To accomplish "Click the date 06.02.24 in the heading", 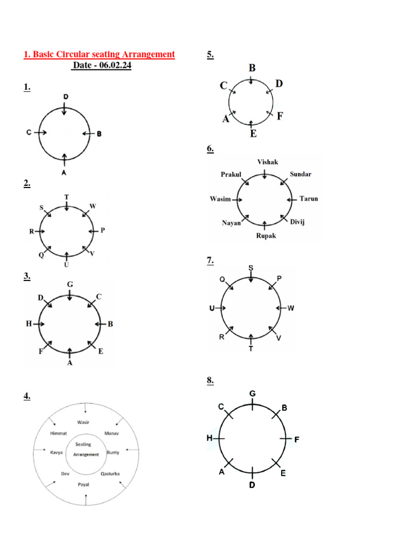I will coord(112,65).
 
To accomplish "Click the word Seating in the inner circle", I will coord(83,444).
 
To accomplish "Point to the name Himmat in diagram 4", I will coord(59,434).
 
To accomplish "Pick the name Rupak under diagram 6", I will coord(265,236).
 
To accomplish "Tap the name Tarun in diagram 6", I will coord(308,199).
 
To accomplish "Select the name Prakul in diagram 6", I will coord(231,174).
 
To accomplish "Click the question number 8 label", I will coord(210,381).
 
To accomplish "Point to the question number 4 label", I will coord(27,397).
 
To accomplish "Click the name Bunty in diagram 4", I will coord(113,452).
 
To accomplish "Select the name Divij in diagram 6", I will coord(297,222).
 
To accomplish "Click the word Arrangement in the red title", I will coord(147,54).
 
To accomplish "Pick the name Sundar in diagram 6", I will coord(300,174).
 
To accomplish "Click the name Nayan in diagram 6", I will coord(231,223).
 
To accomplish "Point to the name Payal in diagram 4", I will coord(84,484).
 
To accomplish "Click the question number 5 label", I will coord(210,54).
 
